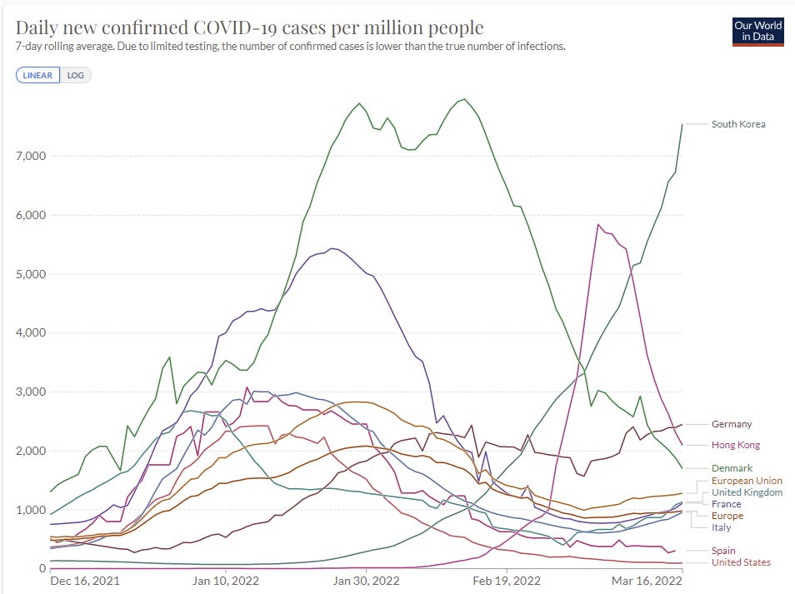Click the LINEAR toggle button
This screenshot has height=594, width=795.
pyautogui.click(x=37, y=75)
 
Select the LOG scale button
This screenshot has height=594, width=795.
pyautogui.click(x=76, y=75)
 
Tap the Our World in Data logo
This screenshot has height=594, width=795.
pyautogui.click(x=757, y=31)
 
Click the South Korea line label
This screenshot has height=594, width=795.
pyautogui.click(x=737, y=124)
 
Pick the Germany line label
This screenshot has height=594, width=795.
pyautogui.click(x=731, y=424)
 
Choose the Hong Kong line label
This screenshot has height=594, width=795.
pyautogui.click(x=735, y=445)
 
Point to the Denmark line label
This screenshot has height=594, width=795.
pyautogui.click(x=731, y=468)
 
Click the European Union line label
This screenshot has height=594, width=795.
pyautogui.click(x=747, y=482)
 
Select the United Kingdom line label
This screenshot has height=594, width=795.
pyautogui.click(x=746, y=492)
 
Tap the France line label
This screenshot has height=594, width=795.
pyautogui.click(x=725, y=504)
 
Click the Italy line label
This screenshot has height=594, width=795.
pyautogui.click(x=722, y=527)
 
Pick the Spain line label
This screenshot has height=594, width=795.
pyautogui.click(x=723, y=551)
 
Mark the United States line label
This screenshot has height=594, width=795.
pyautogui.click(x=741, y=562)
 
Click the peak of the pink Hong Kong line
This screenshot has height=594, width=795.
pyautogui.click(x=597, y=224)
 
